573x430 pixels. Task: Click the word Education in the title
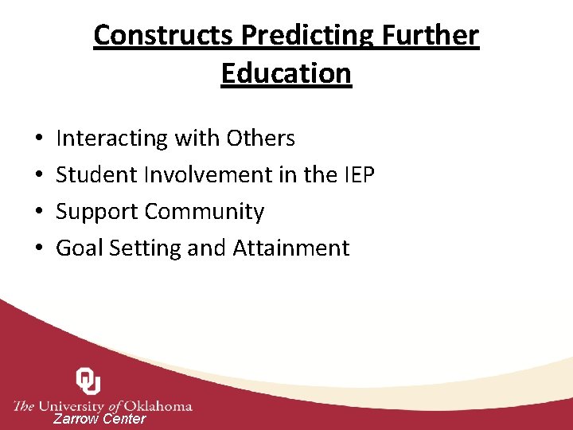286,73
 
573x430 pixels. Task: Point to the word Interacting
112,139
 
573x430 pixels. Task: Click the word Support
98,212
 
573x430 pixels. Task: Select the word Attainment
290,248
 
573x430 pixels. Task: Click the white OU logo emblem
88,381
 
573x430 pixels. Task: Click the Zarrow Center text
99,419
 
